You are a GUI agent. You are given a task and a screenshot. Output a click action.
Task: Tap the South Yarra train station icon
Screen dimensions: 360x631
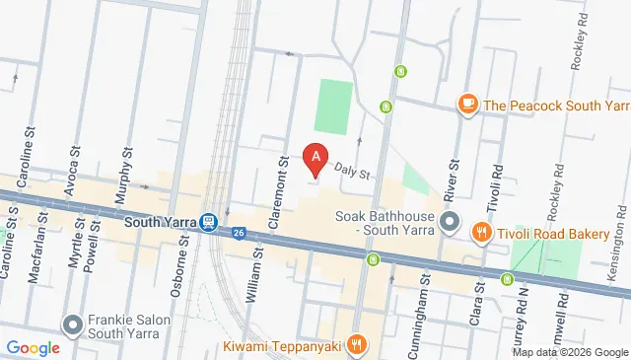point(209,223)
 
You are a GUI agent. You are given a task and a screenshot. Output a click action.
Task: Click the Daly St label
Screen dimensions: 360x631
point(351,171)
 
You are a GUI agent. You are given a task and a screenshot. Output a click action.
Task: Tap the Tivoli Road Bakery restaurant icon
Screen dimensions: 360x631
point(481,233)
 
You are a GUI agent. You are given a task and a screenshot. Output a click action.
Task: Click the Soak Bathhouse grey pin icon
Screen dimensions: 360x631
point(451,221)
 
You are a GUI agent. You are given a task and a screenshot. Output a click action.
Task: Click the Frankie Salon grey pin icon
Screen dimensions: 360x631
point(73,324)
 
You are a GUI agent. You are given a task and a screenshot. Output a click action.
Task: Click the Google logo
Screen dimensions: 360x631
point(34,347)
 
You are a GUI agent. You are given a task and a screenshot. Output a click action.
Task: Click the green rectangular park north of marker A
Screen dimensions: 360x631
point(333,108)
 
